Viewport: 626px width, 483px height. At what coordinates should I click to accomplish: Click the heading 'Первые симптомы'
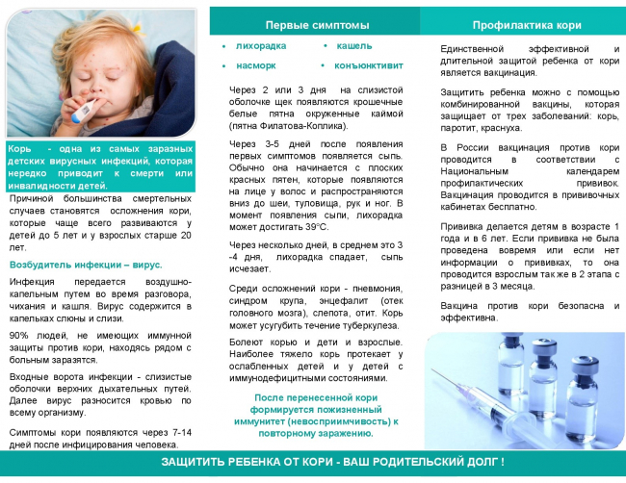(x=314, y=23)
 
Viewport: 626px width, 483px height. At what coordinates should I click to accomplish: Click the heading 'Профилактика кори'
(x=521, y=23)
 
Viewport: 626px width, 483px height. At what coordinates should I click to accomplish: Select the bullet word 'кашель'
(x=353, y=45)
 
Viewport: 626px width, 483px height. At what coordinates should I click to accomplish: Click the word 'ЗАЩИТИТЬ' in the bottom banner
(x=200, y=464)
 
